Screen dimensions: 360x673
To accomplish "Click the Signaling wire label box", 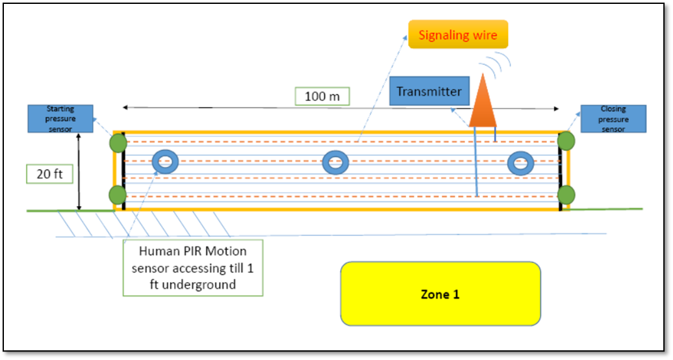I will click(x=458, y=34).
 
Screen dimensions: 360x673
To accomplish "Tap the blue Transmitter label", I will click(x=429, y=92).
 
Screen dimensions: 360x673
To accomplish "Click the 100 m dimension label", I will click(x=322, y=96).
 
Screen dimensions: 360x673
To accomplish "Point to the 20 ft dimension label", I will click(x=49, y=174).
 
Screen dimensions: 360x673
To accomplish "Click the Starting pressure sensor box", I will click(x=60, y=119).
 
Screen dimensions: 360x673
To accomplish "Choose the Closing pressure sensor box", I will click(x=613, y=119).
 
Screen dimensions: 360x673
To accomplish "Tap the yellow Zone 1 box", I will click(x=440, y=294).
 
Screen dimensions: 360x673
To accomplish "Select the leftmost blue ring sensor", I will click(x=165, y=162).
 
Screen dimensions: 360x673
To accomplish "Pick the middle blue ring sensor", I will click(x=335, y=162).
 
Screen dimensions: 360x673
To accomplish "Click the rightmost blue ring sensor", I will click(x=520, y=162).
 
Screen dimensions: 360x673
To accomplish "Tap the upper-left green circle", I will click(x=118, y=142).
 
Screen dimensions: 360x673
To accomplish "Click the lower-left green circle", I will click(x=118, y=194).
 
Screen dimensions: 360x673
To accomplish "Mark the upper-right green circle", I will click(x=566, y=142).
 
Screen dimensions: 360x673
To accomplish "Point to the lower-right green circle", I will click(x=566, y=194).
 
